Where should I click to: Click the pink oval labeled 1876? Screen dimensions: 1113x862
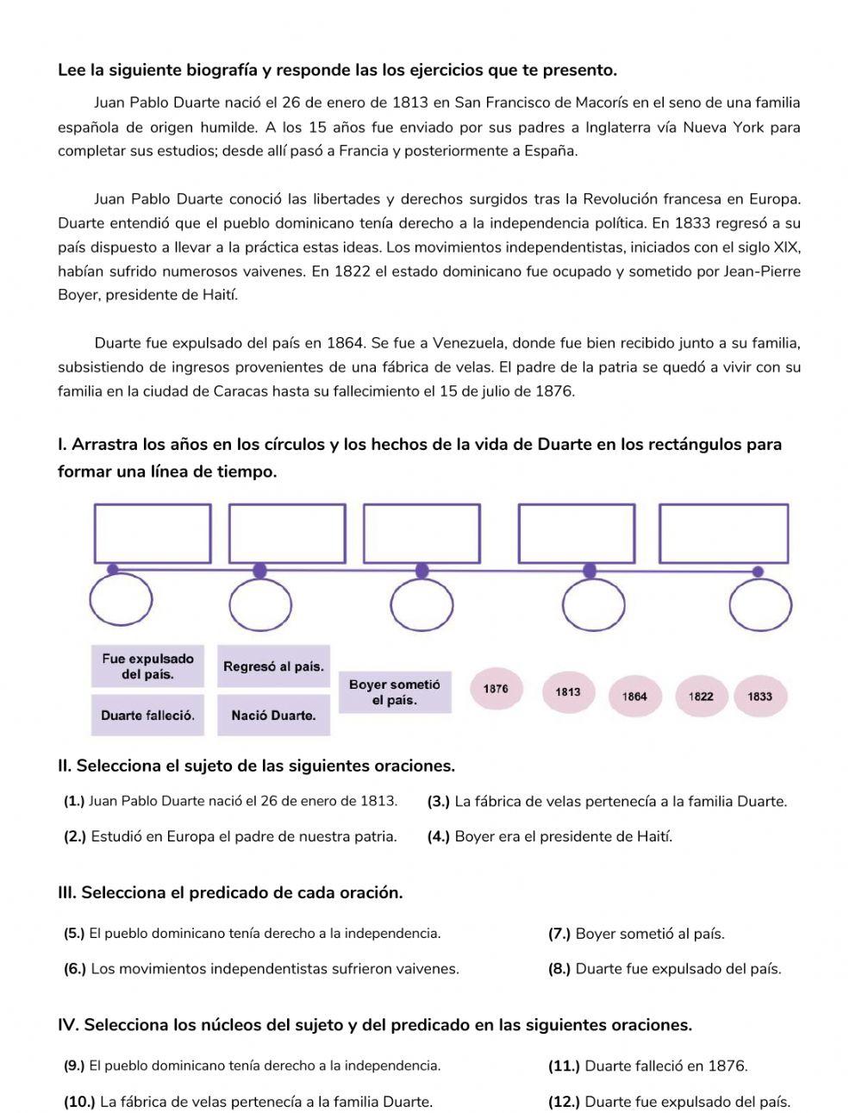pyautogui.click(x=496, y=689)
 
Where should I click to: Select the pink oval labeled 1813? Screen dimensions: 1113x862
pyautogui.click(x=568, y=691)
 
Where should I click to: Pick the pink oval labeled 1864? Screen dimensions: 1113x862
pyautogui.click(x=634, y=697)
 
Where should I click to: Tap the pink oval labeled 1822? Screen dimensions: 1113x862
pyautogui.click(x=701, y=697)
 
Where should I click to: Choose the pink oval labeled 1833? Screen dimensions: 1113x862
pyautogui.click(x=760, y=697)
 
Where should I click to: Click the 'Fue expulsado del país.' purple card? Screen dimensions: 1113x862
pyautogui.click(x=147, y=666)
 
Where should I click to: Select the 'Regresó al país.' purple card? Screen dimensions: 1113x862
pyautogui.click(x=273, y=666)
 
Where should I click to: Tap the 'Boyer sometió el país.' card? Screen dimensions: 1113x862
pyautogui.click(x=394, y=692)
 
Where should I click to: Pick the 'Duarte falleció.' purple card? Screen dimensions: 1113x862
pyautogui.click(x=147, y=716)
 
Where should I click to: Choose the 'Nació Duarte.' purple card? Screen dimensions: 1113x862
pyautogui.click(x=273, y=716)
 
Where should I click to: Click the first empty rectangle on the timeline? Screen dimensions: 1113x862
pyautogui.click(x=153, y=534)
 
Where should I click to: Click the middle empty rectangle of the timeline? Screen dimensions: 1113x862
pyautogui.click(x=422, y=534)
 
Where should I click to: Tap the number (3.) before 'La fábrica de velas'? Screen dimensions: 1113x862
pyautogui.click(x=439, y=802)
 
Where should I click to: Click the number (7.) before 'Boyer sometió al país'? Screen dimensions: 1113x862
pyautogui.click(x=559, y=934)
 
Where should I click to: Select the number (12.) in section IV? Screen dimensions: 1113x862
pyautogui.click(x=564, y=1101)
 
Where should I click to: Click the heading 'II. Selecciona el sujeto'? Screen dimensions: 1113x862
pyautogui.click(x=256, y=766)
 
